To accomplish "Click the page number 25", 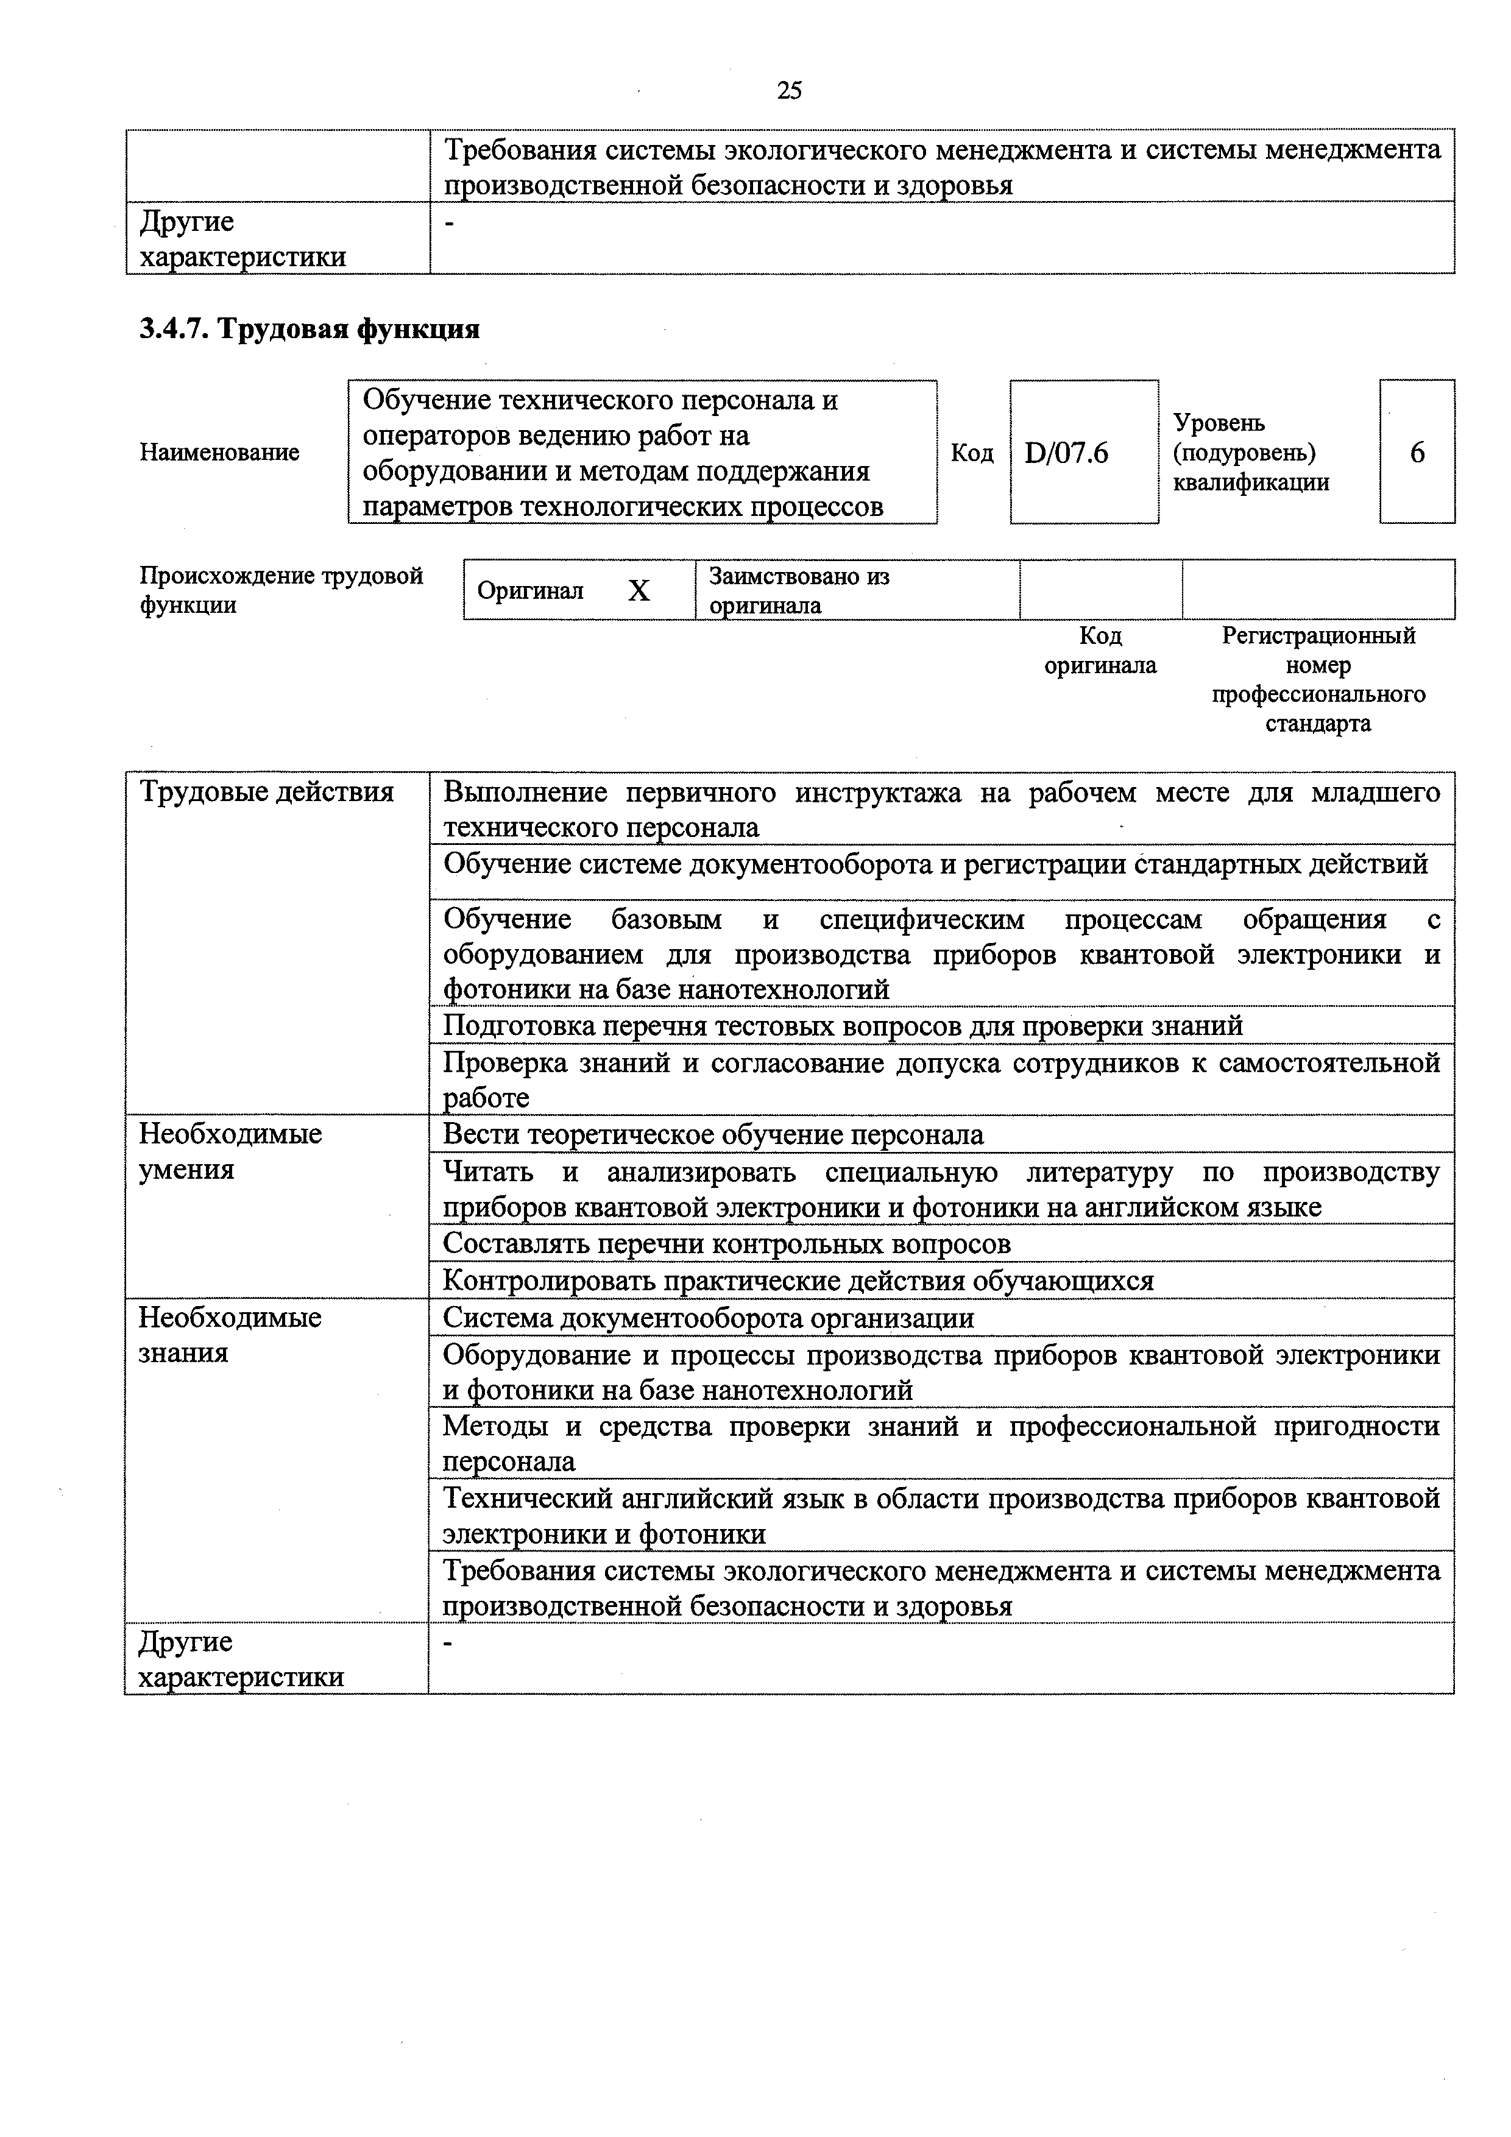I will pos(788,90).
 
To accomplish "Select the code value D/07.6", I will pos(1066,453).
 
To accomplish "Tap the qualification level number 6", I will pos(1417,453).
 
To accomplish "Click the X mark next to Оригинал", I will pos(638,591).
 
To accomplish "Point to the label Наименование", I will pos(220,453).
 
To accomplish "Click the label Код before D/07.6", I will pos(972,453).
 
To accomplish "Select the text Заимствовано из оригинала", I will pos(799,590).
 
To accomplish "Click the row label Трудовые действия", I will pos(266,792).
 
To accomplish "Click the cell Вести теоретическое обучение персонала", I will pos(713,1134).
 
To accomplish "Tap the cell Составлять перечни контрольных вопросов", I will pos(726,1243).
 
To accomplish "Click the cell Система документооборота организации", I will pos(709,1318).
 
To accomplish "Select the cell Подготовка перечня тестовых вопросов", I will pos(843,1026).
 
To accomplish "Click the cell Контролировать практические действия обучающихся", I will pos(798,1280).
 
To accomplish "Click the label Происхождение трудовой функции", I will pos(281,590).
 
